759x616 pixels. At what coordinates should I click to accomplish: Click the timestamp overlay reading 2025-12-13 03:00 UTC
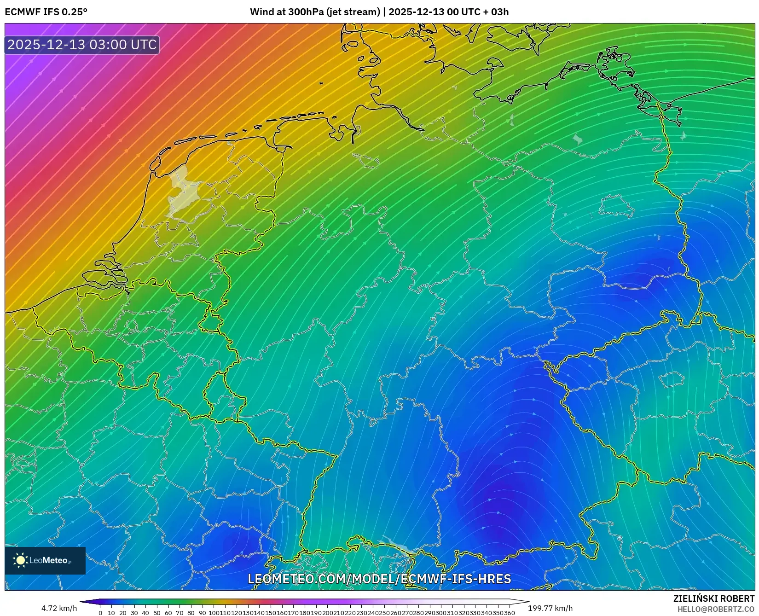(82, 45)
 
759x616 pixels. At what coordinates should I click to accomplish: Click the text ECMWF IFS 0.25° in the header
(46, 12)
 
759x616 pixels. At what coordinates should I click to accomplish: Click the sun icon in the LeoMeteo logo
(20, 560)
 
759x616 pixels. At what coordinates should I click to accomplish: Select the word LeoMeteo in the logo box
(49, 560)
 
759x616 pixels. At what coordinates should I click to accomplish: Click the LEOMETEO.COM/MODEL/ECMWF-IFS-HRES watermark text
(379, 579)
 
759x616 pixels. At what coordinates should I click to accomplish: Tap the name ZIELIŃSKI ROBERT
(714, 599)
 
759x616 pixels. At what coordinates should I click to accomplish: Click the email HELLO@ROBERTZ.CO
(716, 609)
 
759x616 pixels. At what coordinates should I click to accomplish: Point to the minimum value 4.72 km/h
(59, 608)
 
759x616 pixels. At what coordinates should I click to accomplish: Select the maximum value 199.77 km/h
(550, 608)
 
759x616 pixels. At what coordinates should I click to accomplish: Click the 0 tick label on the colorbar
(100, 613)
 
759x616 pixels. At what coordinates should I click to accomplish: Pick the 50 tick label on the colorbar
(156, 613)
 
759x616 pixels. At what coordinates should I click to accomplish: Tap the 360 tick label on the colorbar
(509, 613)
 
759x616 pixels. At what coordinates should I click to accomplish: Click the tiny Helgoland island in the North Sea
(321, 83)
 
